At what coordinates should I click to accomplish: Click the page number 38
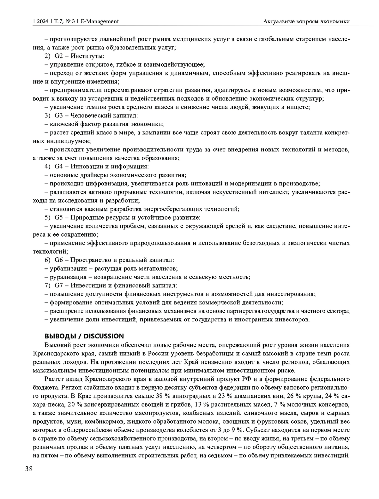click(29, 469)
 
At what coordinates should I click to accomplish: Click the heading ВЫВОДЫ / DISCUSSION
click(84, 336)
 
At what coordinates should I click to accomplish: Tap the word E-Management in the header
click(100, 21)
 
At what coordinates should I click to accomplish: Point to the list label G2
click(59, 56)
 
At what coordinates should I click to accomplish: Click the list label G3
click(59, 115)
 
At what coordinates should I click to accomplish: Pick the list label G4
click(59, 166)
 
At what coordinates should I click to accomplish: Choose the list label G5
click(59, 217)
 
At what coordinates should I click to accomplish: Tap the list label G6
click(59, 260)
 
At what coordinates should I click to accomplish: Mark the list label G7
click(59, 285)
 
